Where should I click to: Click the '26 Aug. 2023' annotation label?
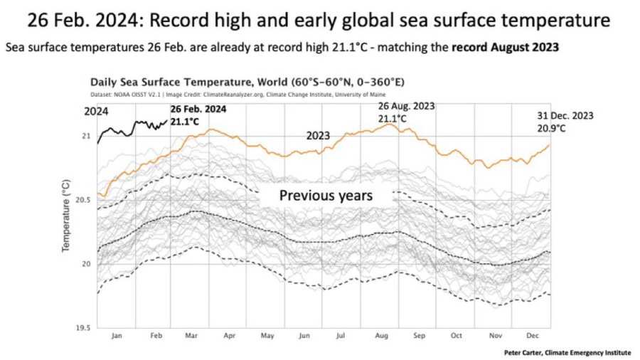tap(405, 105)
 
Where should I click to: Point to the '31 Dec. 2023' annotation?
tap(565, 115)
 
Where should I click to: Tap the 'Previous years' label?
tap(325, 195)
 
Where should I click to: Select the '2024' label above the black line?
tap(95, 111)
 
